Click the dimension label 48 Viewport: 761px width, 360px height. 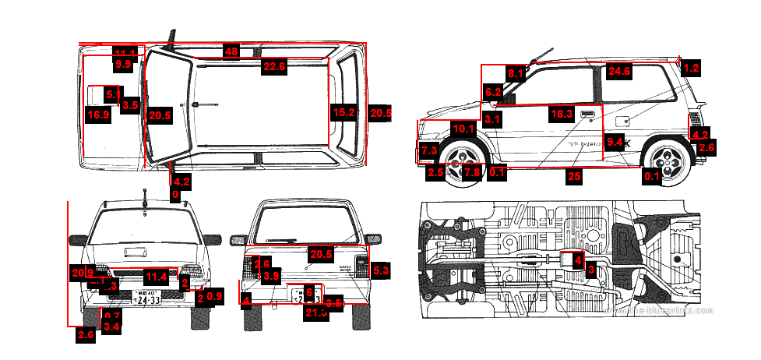(231, 51)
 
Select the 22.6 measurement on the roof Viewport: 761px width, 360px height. (274, 67)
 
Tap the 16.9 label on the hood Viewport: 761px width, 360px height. (98, 115)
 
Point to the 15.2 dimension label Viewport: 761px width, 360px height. (344, 113)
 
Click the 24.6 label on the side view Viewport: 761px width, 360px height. (619, 71)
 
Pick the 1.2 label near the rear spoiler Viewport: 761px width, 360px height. (690, 68)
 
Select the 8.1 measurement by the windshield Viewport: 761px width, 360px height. (516, 73)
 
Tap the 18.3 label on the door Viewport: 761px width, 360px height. (562, 114)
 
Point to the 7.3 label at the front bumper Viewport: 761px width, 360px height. (428, 150)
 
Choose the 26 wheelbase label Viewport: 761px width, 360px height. (574, 176)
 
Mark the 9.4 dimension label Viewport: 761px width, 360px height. (615, 142)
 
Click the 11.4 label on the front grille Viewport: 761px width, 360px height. (157, 276)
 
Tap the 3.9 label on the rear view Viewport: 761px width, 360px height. (271, 276)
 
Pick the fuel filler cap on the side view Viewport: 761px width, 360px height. (623, 122)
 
